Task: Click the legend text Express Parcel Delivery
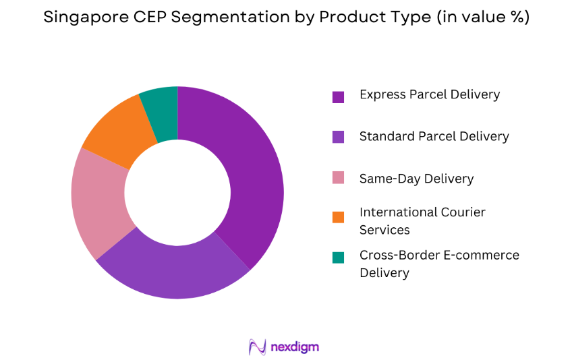tap(430, 94)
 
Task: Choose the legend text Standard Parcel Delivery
tap(434, 136)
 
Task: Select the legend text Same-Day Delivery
tap(416, 179)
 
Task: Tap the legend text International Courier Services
tap(422, 221)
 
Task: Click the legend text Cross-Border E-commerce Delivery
tap(439, 264)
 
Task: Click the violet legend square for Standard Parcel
tap(338, 137)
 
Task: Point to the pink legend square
tap(338, 178)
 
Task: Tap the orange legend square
tap(338, 216)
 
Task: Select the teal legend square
tap(338, 257)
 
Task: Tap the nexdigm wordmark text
tap(295, 347)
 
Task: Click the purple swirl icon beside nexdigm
tap(258, 347)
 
